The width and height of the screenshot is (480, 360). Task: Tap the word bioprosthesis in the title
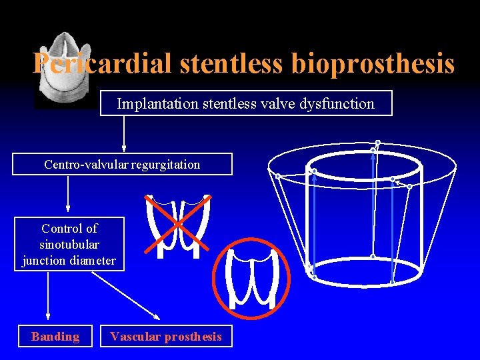tap(373, 64)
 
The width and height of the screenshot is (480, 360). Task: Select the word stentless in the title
tap(233, 64)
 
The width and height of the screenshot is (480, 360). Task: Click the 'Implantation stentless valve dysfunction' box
tap(246, 103)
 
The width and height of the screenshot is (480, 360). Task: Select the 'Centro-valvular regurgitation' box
tap(122, 164)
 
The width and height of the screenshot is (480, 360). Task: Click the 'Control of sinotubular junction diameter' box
tap(69, 244)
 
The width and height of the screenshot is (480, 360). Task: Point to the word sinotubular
tap(69, 245)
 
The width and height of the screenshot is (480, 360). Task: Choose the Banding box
tap(55, 337)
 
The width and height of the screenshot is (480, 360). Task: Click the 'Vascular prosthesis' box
tap(166, 337)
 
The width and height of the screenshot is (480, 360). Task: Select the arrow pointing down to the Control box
tap(67, 193)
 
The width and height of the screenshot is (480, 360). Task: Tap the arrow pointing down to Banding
tap(48, 297)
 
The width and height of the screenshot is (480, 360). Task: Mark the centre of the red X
tap(179, 225)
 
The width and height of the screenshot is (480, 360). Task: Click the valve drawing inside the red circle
tap(252, 275)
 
